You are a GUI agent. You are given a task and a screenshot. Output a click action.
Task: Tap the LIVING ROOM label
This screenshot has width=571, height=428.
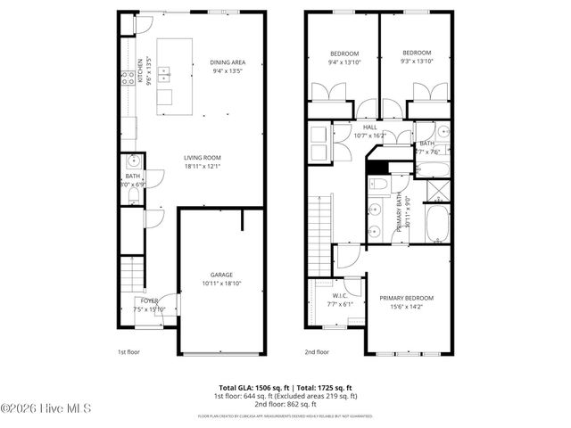pos(203,157)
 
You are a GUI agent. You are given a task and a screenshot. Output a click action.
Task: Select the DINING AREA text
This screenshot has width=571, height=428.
pos(228,62)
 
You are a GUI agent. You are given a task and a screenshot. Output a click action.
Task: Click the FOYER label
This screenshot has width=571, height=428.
pos(148,300)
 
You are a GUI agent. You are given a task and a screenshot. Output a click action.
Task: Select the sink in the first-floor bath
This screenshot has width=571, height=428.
pos(132,162)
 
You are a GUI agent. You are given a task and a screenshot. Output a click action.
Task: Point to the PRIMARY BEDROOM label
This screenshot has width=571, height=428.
pos(406,298)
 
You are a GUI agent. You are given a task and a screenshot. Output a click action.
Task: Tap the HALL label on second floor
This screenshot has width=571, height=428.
pos(370,128)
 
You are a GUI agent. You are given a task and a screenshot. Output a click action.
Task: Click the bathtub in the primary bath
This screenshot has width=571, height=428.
pos(437,225)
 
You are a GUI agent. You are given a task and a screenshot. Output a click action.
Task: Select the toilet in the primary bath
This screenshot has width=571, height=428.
pos(377,185)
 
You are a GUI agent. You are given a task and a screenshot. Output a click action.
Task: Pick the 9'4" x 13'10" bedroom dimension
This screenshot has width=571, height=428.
pos(342,62)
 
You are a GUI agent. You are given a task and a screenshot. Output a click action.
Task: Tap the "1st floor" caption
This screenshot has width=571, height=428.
pos(129,352)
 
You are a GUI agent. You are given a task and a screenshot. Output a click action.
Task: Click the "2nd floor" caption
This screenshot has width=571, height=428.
pos(317,352)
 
